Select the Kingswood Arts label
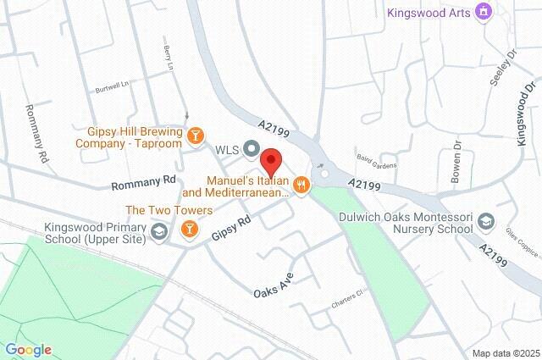coord(427,12)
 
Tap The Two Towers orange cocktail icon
coord(189,228)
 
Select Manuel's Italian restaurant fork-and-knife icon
coord(300,183)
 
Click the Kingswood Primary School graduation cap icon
coord(158,232)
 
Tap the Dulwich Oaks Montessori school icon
coord(487,222)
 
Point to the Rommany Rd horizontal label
coord(143,180)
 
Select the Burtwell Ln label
coord(110,85)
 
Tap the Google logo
coord(28,349)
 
